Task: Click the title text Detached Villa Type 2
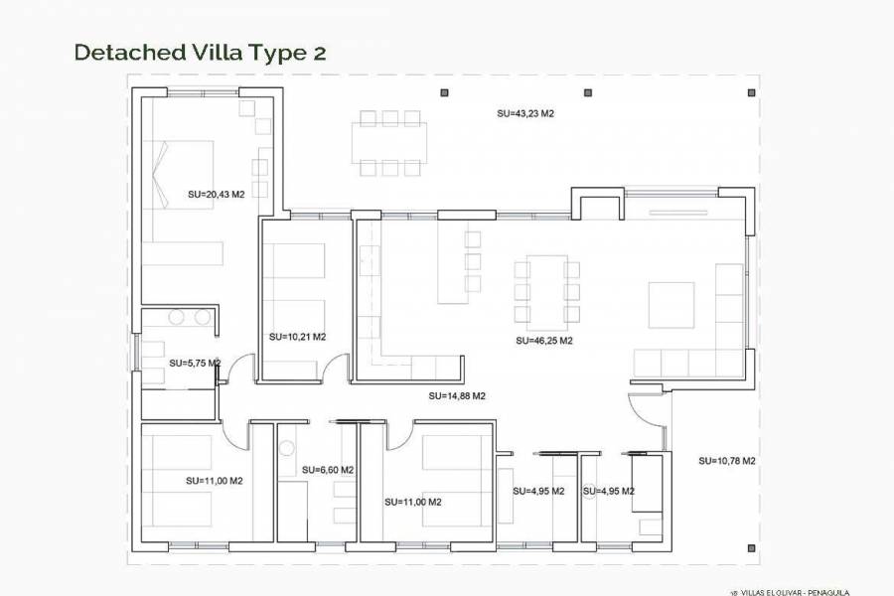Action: click(x=200, y=53)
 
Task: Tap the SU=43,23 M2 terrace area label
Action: click(x=525, y=114)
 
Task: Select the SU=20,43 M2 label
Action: click(x=216, y=195)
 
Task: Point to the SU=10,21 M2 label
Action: click(x=297, y=337)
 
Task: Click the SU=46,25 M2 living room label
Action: click(x=544, y=340)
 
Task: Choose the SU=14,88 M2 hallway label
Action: click(x=457, y=395)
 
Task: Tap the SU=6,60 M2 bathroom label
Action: click(x=328, y=470)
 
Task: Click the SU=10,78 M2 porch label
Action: click(x=727, y=461)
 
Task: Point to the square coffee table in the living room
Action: click(x=671, y=304)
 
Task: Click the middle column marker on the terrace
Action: click(x=587, y=92)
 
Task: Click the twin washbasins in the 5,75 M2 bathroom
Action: click(x=190, y=317)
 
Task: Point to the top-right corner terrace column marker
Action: click(x=748, y=92)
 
